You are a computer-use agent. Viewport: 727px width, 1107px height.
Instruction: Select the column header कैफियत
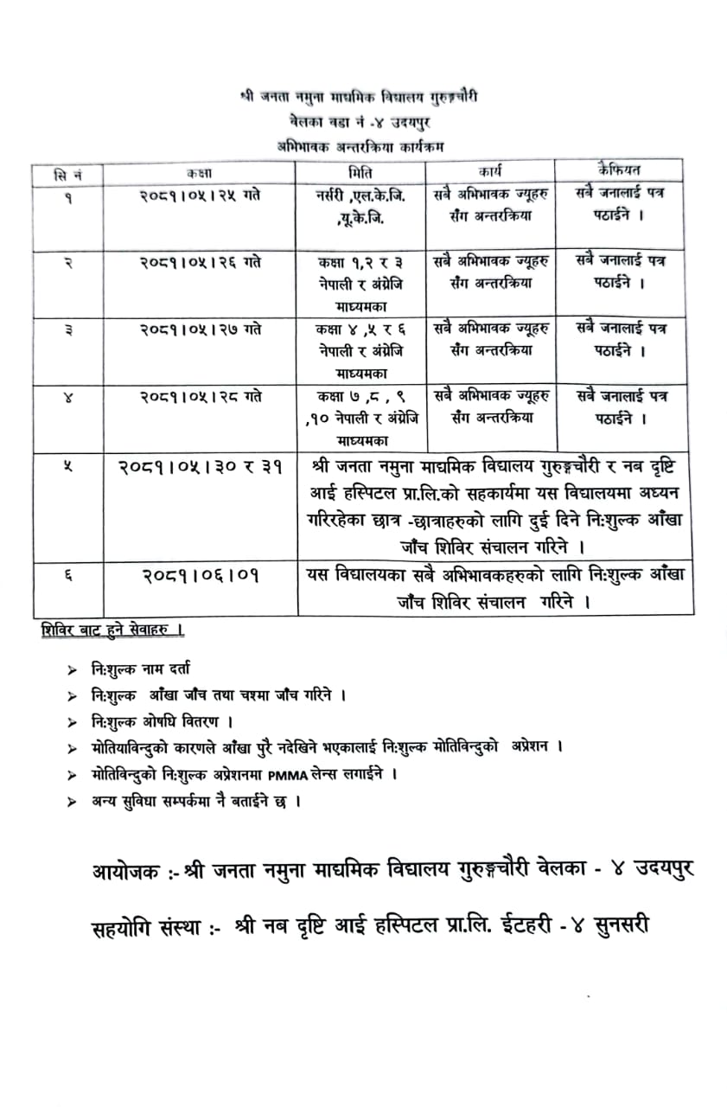[x=610, y=168]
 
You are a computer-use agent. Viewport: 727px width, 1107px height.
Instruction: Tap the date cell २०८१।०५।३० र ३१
[x=200, y=467]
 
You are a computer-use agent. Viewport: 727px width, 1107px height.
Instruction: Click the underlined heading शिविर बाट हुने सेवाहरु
[x=112, y=630]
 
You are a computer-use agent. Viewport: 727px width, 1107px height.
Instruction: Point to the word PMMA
[x=286, y=774]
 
